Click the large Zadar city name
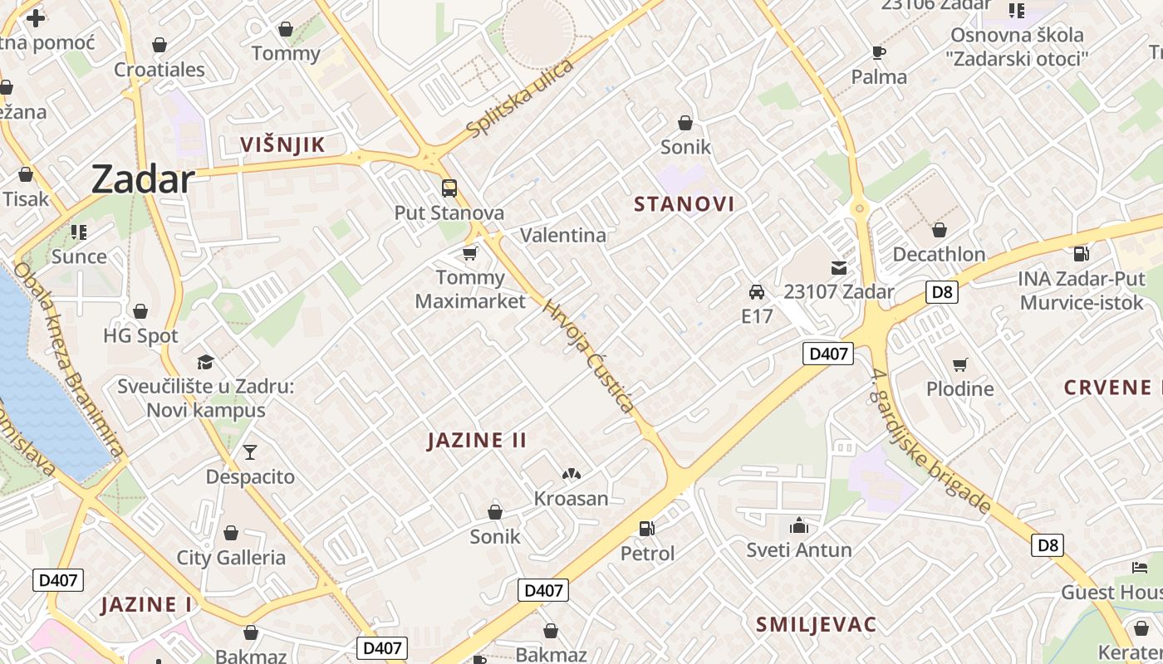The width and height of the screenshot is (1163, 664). click(143, 178)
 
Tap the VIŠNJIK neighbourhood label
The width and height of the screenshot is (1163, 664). click(282, 144)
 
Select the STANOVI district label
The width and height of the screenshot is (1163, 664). click(684, 204)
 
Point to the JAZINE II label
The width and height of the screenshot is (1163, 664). click(477, 440)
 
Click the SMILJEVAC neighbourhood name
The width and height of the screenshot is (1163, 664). click(816, 625)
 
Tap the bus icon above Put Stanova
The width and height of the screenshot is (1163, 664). click(449, 188)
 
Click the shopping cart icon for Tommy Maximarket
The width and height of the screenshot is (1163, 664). click(470, 253)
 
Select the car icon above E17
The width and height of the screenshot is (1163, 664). click(757, 292)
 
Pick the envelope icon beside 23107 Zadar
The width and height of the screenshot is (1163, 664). click(839, 268)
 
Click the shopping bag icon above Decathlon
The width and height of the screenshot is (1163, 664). click(940, 230)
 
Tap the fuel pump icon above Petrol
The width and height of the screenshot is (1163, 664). click(647, 528)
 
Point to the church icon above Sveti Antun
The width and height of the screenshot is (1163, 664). click(799, 525)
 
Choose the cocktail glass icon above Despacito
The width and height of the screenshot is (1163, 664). click(250, 452)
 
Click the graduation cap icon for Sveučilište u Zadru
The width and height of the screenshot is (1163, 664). click(205, 362)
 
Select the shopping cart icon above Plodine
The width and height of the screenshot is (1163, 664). click(960, 364)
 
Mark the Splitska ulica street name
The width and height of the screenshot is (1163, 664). click(520, 99)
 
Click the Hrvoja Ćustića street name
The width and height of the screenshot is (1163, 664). click(588, 356)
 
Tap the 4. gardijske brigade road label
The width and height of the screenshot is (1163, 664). click(930, 442)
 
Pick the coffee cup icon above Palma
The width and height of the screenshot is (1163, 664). click(879, 53)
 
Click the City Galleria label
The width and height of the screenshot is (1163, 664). click(231, 558)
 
